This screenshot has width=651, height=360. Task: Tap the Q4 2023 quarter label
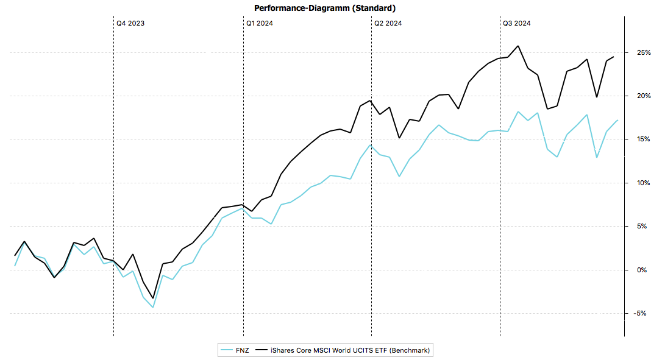tap(130, 23)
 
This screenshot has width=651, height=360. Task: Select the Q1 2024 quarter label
tap(259, 23)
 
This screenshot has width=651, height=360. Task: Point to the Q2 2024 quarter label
tap(388, 23)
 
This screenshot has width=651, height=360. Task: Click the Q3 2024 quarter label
tap(516, 23)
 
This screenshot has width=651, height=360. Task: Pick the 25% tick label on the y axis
tap(638, 53)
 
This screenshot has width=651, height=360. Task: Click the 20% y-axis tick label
tap(638, 96)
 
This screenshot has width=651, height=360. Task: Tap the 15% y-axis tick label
tap(638, 139)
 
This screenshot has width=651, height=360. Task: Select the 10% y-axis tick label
tap(638, 183)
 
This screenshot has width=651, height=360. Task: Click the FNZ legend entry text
tap(243, 350)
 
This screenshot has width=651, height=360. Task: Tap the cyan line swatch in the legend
tap(227, 350)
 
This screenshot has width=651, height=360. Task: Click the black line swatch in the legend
tap(262, 350)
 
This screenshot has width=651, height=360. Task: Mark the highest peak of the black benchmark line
tap(518, 46)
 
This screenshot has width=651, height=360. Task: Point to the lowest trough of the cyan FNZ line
tap(152, 307)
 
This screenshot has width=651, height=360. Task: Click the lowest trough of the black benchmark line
tap(152, 298)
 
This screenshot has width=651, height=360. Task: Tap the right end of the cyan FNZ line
tap(617, 120)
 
